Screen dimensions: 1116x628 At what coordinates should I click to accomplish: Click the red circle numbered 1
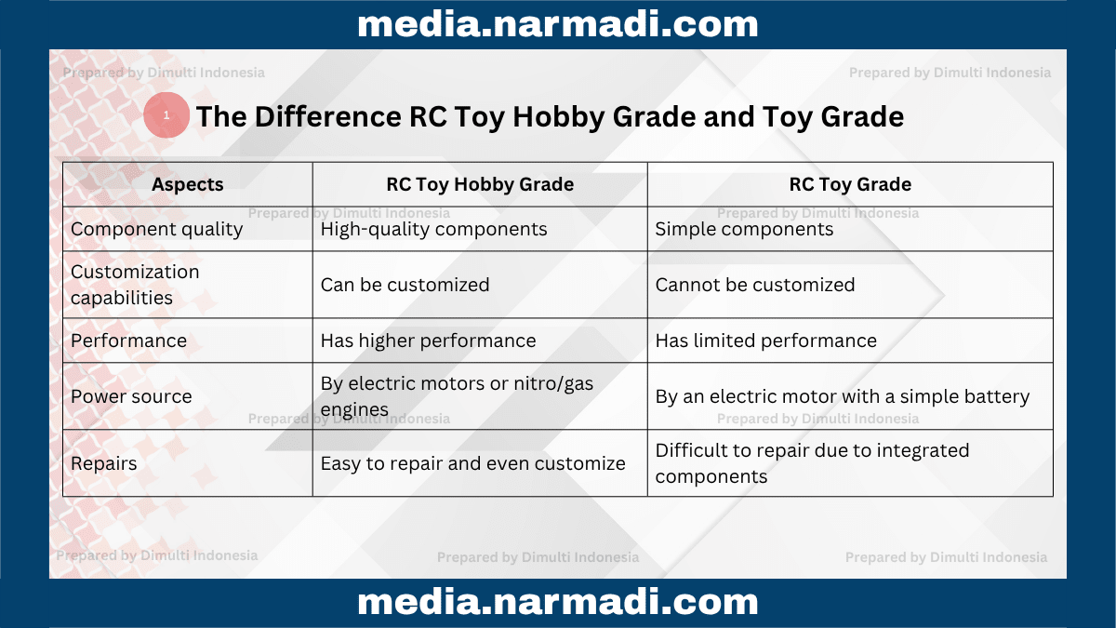pos(166,115)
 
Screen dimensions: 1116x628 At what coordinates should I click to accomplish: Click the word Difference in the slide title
pos(327,116)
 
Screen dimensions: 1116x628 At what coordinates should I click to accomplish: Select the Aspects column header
pos(187,184)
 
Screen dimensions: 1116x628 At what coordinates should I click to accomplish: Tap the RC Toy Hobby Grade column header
pos(480,184)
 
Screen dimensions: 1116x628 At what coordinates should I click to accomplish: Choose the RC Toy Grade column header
pos(850,184)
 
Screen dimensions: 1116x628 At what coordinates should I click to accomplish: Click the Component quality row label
pos(156,229)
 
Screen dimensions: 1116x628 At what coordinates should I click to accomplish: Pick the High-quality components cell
pos(433,229)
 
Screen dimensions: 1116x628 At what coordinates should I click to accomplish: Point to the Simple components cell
pos(744,229)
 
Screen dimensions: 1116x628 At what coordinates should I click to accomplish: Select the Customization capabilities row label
pos(135,285)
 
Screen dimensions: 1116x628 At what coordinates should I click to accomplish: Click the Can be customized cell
pos(405,285)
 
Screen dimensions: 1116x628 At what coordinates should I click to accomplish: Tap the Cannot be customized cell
pos(755,285)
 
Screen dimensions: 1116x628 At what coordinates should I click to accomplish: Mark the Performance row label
pos(128,341)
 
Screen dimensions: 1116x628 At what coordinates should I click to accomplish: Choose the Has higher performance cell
pos(428,341)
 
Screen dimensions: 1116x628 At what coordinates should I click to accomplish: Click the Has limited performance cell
pos(765,341)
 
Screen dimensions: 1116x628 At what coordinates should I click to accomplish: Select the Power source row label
pos(131,396)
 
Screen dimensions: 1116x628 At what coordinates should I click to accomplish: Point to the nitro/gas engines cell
pos(457,396)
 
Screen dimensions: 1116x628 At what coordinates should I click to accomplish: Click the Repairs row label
pos(103,463)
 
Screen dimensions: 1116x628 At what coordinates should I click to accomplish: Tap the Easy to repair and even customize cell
pos(472,463)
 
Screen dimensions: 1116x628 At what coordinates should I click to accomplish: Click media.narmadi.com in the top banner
pos(558,24)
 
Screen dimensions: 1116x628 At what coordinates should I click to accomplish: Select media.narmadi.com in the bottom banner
pos(558,602)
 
